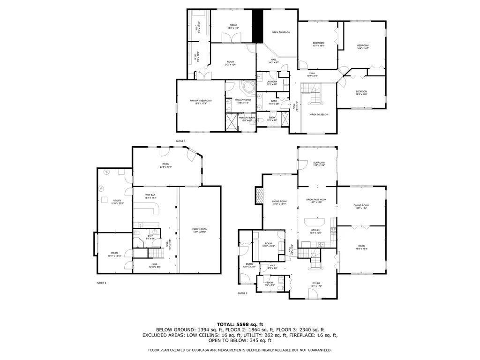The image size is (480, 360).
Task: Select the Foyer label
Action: coord(317,284)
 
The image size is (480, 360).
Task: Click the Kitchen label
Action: coord(316,231)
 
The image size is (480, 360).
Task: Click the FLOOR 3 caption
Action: coord(181,141)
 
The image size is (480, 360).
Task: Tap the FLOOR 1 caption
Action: coord(102,283)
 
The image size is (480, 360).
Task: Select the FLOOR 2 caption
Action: coord(242,293)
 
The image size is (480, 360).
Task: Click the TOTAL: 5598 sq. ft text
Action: coord(240,324)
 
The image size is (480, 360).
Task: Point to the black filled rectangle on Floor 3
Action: coord(257,26)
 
